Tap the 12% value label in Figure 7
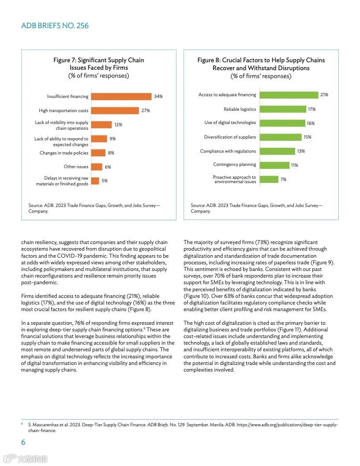coord(118,125)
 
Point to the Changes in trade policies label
coord(64,153)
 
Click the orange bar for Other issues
coord(97,167)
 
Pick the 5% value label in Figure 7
coord(105,180)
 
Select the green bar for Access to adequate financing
coord(289,95)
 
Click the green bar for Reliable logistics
coord(282,109)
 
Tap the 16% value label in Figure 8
coord(311,123)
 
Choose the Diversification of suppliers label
coord(230,137)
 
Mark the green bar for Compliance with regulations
coord(277,151)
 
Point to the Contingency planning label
coord(234,165)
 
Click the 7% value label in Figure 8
coord(283,179)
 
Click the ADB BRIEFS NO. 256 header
coord(55,26)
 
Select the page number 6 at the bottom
coord(23,442)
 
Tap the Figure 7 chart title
coord(99,64)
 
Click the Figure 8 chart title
coord(261,64)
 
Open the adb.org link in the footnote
coord(287,425)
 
